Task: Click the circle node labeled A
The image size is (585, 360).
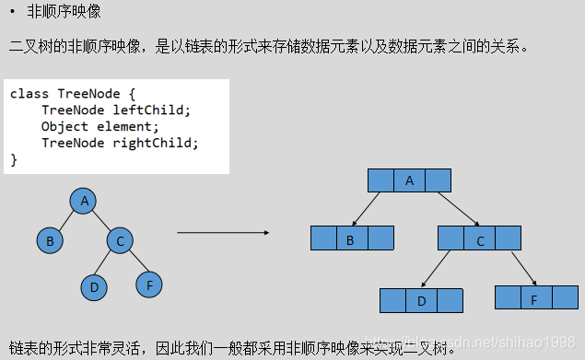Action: pos(84,202)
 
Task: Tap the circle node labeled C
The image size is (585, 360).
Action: pos(119,242)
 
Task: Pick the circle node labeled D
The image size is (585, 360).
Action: pos(93,287)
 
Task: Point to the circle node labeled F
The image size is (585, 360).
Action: pos(149,285)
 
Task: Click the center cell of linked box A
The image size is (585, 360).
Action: pos(409,180)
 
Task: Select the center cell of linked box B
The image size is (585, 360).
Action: pos(350,240)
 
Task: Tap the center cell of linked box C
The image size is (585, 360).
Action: pos(479,241)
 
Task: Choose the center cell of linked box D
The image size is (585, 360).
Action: pos(421,300)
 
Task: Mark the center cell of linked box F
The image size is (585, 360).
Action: pos(534,298)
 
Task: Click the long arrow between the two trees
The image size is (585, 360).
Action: pos(216,232)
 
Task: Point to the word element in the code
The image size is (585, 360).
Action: pos(126,126)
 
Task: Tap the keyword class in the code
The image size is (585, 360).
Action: pos(29,94)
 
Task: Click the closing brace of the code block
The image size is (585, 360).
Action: pos(14,159)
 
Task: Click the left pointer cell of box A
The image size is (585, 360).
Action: pos(380,180)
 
